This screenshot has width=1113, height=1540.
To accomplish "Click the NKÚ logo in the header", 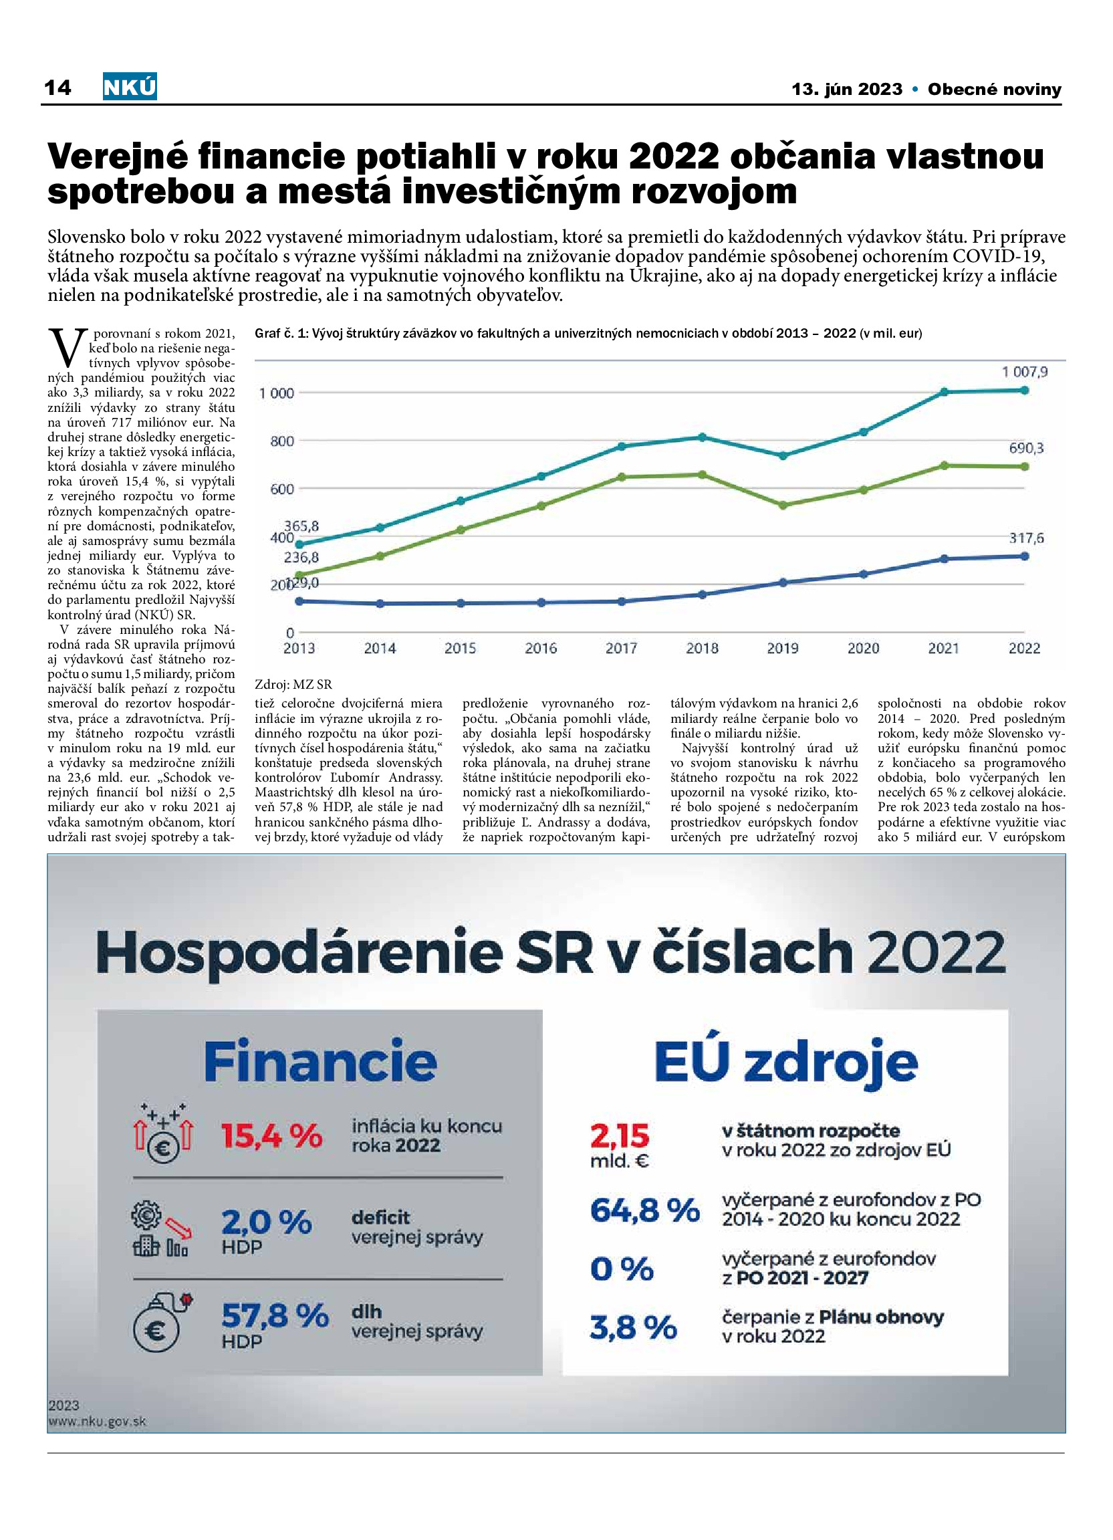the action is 130,87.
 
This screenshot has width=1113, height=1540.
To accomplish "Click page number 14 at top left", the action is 57,88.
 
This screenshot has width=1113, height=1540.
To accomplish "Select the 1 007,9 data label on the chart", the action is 1025,371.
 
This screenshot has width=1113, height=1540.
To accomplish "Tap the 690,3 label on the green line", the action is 1026,448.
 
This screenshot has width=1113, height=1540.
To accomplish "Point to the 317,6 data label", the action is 1026,538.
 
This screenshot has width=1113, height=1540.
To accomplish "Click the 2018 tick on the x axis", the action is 702,649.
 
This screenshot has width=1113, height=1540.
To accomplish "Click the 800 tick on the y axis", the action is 282,441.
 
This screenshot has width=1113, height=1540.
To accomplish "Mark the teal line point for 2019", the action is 783,455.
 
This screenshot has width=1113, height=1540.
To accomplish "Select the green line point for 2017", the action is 622,477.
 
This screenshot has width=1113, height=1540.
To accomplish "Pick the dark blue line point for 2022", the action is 1025,556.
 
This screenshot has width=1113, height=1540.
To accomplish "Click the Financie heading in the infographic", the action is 320,1061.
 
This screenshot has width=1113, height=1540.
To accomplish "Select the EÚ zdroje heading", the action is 786,1063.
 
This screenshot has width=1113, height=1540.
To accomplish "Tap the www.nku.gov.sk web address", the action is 97,1421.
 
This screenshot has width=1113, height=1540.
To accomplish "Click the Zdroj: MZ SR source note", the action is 293,685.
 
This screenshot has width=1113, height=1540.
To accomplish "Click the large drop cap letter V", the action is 68,348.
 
